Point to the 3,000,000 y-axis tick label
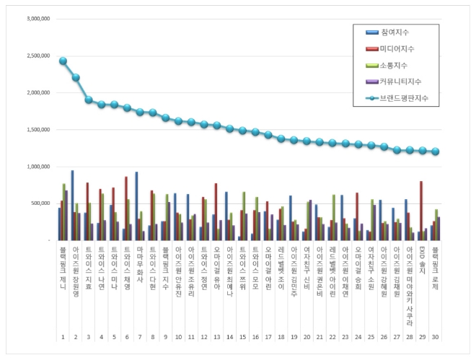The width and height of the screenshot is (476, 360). (x=35, y=18)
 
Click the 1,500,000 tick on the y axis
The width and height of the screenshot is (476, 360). (x=35, y=129)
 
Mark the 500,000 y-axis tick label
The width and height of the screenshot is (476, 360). (x=38, y=203)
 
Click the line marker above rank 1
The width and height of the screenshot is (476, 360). (x=63, y=61)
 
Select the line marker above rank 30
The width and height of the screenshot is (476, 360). (x=435, y=152)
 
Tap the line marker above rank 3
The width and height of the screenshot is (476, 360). (x=89, y=100)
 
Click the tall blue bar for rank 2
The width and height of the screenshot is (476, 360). (x=72, y=205)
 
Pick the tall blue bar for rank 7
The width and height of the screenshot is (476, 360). (x=136, y=206)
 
